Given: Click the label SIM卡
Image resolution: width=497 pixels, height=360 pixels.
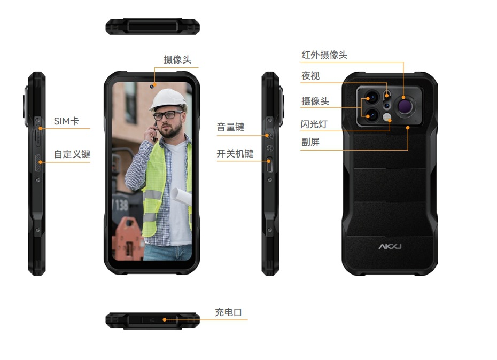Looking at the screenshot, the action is [x=66, y=121].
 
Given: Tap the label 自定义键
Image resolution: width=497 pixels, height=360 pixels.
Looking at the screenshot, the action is [x=72, y=154].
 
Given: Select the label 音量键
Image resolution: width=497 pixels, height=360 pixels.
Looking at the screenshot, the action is [x=230, y=127].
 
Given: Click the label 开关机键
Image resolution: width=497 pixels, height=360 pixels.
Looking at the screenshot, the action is [x=235, y=154].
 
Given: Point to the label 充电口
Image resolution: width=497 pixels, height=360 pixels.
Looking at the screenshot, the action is [x=229, y=312].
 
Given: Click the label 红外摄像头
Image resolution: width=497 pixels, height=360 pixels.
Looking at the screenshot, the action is [x=324, y=55].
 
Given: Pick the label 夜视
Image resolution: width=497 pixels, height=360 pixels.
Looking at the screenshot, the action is [x=310, y=76].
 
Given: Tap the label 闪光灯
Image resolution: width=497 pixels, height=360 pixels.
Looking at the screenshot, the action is [x=314, y=124].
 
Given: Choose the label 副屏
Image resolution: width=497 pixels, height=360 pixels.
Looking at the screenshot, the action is [x=310, y=142].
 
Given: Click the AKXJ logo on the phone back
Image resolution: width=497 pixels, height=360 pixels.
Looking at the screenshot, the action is [x=390, y=246].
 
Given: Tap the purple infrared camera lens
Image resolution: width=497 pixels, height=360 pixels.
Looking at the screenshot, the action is [x=406, y=106].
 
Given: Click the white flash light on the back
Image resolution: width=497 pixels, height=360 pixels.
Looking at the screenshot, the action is [x=387, y=118].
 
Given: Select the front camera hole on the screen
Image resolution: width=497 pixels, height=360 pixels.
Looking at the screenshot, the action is [x=152, y=87].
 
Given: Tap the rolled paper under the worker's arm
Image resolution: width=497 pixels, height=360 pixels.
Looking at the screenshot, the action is [x=182, y=196].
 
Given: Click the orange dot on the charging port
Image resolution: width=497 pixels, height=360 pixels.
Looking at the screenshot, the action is [x=165, y=320].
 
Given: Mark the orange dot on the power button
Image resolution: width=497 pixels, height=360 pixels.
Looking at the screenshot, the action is [x=269, y=161].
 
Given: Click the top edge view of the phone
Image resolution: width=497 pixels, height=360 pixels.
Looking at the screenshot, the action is [x=152, y=26].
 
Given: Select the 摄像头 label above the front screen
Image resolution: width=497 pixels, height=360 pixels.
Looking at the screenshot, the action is [x=177, y=60].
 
